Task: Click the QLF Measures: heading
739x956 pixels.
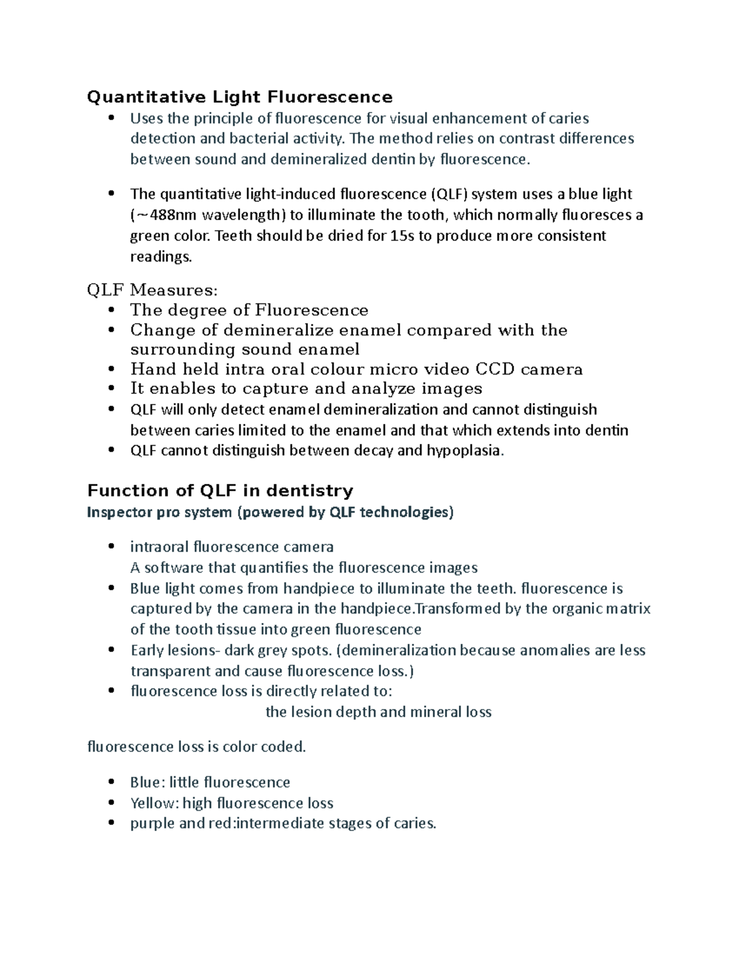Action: (153, 291)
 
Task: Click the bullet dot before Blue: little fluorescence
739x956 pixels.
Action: (111, 782)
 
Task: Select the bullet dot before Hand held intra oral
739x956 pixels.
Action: (111, 369)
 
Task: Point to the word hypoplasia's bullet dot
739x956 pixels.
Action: (111, 450)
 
